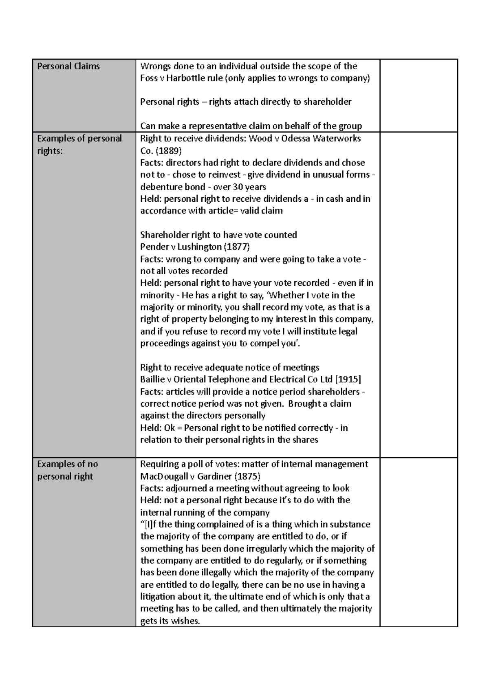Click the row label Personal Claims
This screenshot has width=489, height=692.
(68, 66)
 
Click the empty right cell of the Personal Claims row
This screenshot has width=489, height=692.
(419, 95)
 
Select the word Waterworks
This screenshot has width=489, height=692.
(337, 139)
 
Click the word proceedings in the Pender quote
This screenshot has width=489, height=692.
(165, 343)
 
